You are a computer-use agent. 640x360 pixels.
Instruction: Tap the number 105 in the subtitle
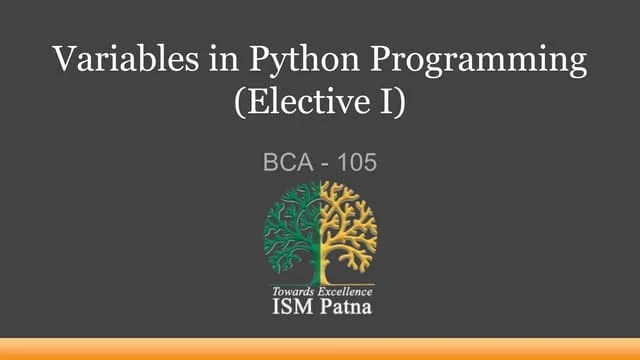[x=356, y=161]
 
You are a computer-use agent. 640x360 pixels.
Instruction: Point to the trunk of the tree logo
[x=320, y=265]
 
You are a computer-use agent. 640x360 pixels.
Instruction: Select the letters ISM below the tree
[x=291, y=306]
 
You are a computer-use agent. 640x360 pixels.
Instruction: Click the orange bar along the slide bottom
[x=320, y=349]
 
